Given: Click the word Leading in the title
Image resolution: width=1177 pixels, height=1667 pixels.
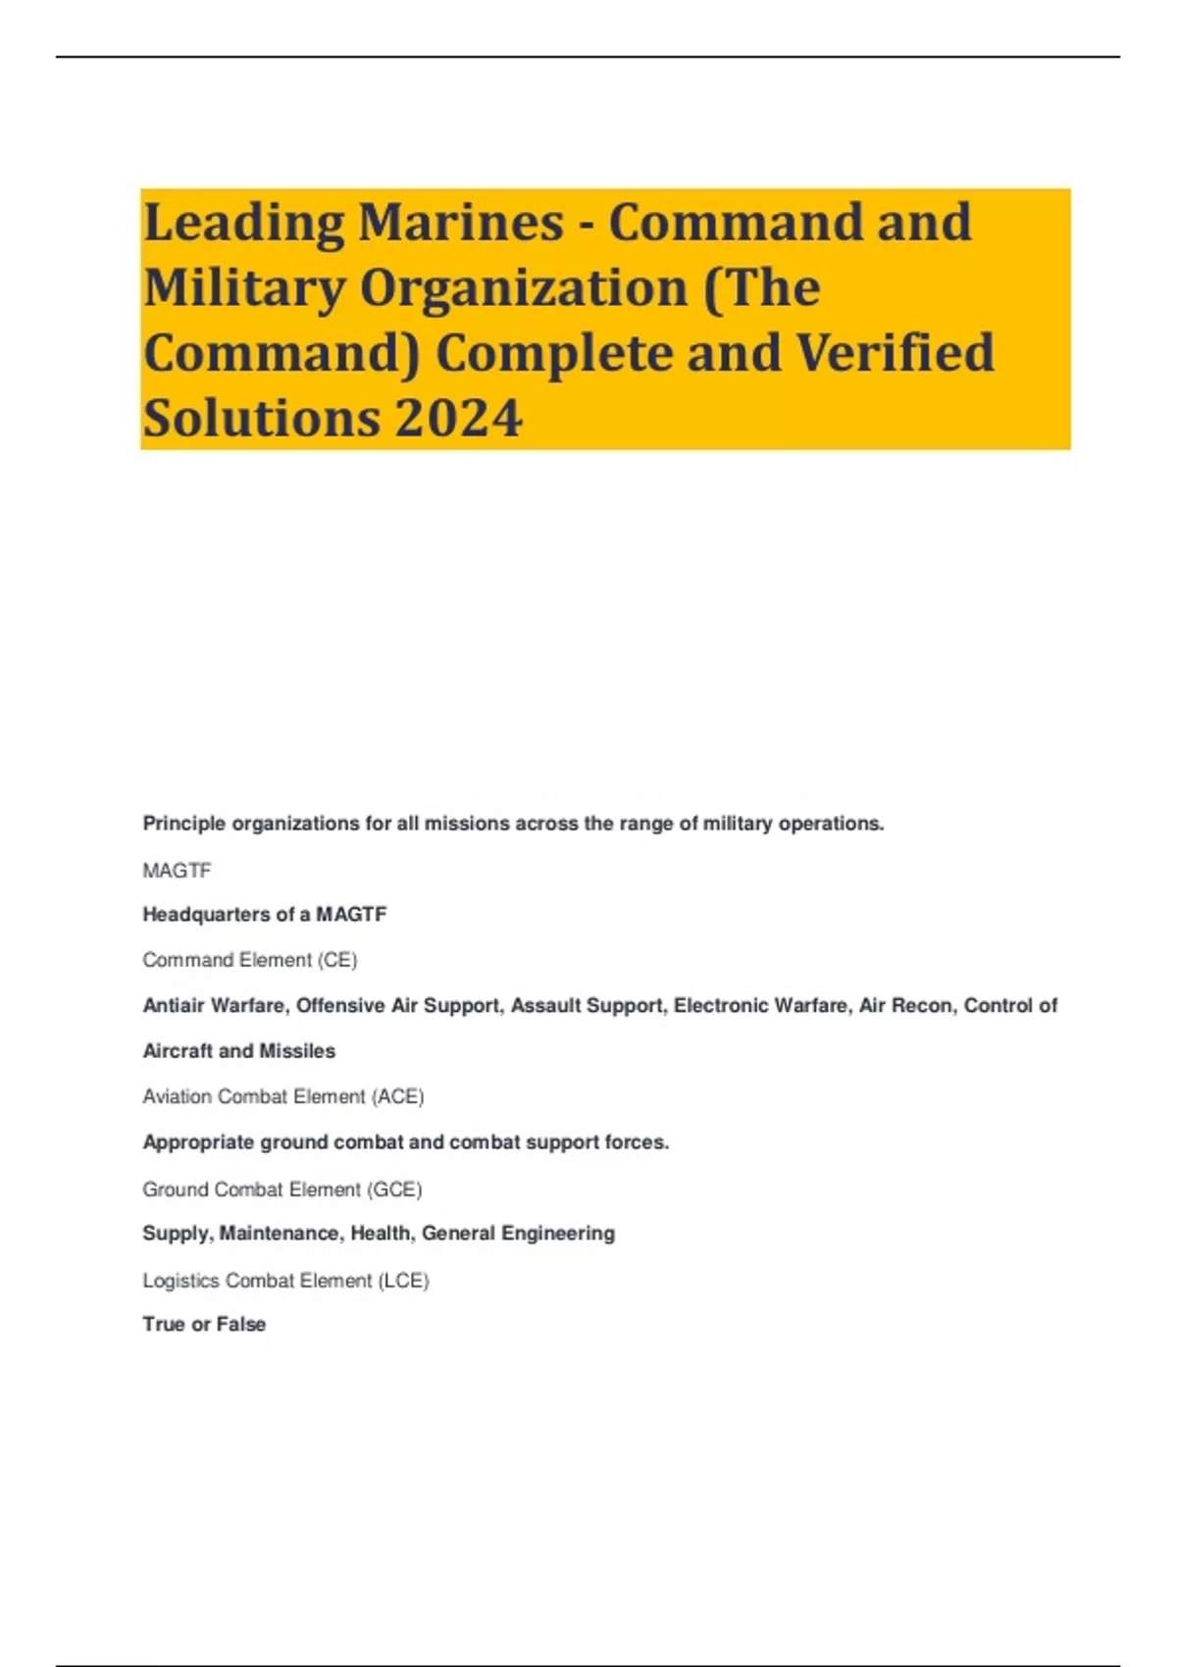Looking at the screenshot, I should coord(243,224).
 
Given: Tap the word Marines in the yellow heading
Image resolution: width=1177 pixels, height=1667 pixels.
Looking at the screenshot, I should coord(460,222).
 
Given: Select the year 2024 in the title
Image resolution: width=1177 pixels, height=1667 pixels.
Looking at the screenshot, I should coord(459,419).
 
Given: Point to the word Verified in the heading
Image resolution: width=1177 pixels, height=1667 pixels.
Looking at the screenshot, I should coord(895,353).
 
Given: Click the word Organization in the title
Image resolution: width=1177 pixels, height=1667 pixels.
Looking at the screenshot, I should coord(524,288).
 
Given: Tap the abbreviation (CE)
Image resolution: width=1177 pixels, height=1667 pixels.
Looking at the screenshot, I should coord(336,960).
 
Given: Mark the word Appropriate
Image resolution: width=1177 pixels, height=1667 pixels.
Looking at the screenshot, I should coord(198,1142).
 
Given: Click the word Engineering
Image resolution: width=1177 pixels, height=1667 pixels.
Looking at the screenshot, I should coord(558,1234).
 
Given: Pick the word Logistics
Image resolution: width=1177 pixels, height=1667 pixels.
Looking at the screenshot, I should coord(180,1281).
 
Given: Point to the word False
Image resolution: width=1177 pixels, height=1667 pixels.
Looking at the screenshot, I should coord(241,1325).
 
